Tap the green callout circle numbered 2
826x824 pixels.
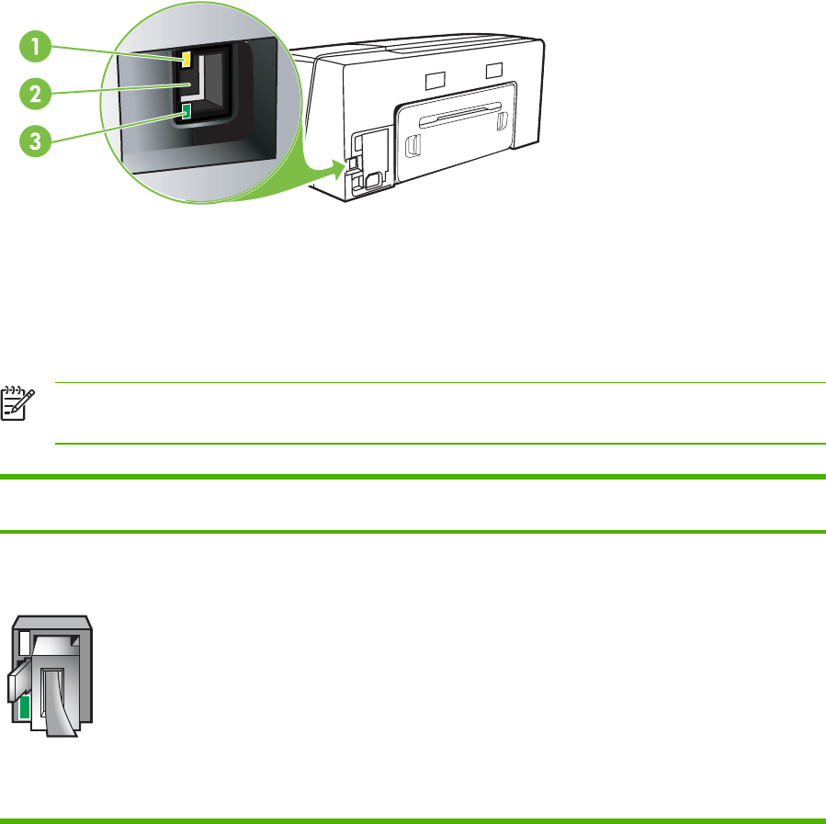click(x=34, y=94)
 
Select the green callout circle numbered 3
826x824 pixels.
click(x=34, y=142)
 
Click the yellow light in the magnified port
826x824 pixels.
click(x=187, y=59)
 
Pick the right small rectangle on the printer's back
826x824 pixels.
click(x=495, y=70)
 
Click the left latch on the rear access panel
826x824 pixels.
click(x=413, y=143)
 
